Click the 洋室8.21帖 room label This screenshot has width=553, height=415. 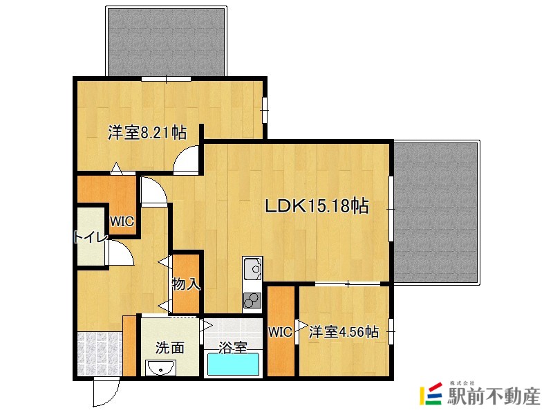(147, 133)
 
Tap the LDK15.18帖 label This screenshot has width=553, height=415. (317, 205)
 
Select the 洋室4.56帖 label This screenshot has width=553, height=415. (344, 332)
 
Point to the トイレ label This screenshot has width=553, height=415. (91, 237)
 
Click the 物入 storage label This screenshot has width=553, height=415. (186, 284)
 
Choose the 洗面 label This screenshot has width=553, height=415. (170, 348)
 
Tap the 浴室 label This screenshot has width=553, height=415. (232, 348)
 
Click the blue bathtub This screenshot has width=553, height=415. (233, 364)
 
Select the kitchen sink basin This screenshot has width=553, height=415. (252, 269)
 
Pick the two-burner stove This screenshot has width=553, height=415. (252, 301)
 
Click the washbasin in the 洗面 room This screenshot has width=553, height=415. (160, 368)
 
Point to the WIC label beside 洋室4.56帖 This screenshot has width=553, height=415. (281, 332)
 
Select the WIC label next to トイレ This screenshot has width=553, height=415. (122, 221)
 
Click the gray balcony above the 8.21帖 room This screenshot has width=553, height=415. (166, 42)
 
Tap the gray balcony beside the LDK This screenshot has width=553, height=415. (435, 212)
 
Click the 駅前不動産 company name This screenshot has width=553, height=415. (494, 396)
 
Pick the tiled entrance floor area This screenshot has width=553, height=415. (100, 353)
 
